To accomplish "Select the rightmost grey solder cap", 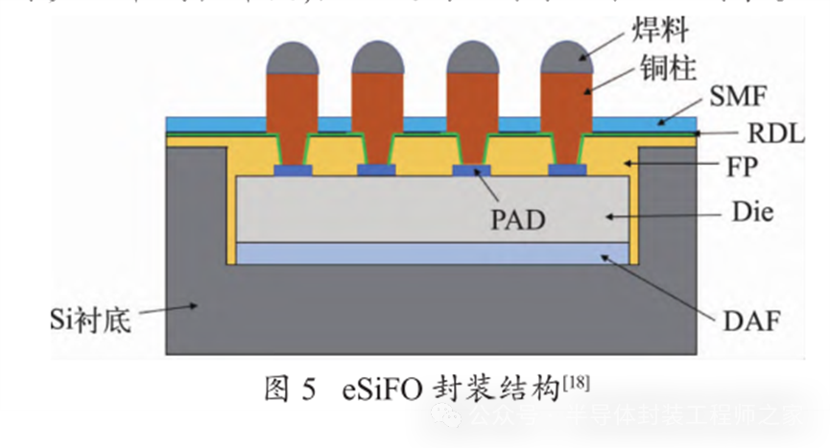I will (x=568, y=59).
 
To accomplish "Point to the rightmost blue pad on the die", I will (x=568, y=171).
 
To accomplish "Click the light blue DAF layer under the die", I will (x=432, y=253).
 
